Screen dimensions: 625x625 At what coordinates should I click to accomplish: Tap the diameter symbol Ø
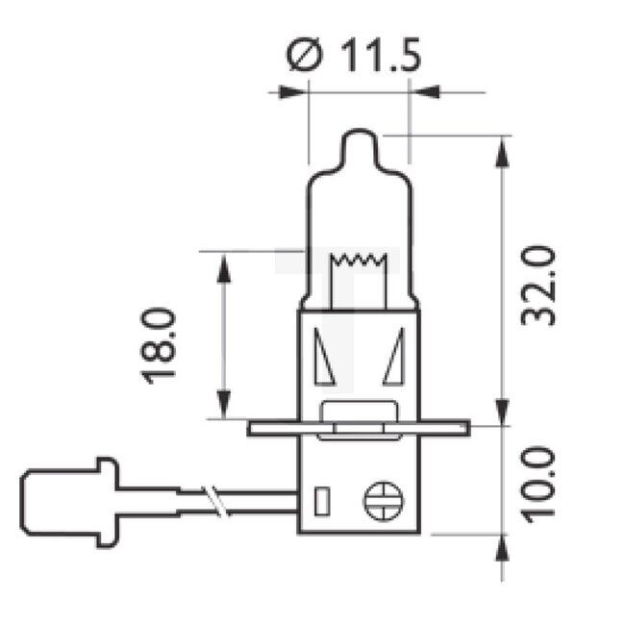(x=305, y=57)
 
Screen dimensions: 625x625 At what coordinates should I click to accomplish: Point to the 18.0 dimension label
(x=161, y=344)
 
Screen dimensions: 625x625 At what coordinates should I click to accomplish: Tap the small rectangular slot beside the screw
(x=324, y=501)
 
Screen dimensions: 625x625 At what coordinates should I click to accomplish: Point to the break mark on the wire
(x=219, y=501)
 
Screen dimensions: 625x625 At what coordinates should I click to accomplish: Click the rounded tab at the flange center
(x=359, y=414)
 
